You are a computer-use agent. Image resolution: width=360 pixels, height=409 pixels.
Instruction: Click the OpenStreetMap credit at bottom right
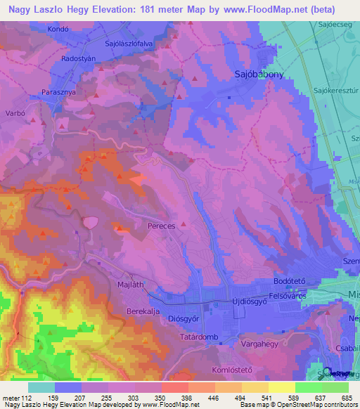[326, 405]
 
